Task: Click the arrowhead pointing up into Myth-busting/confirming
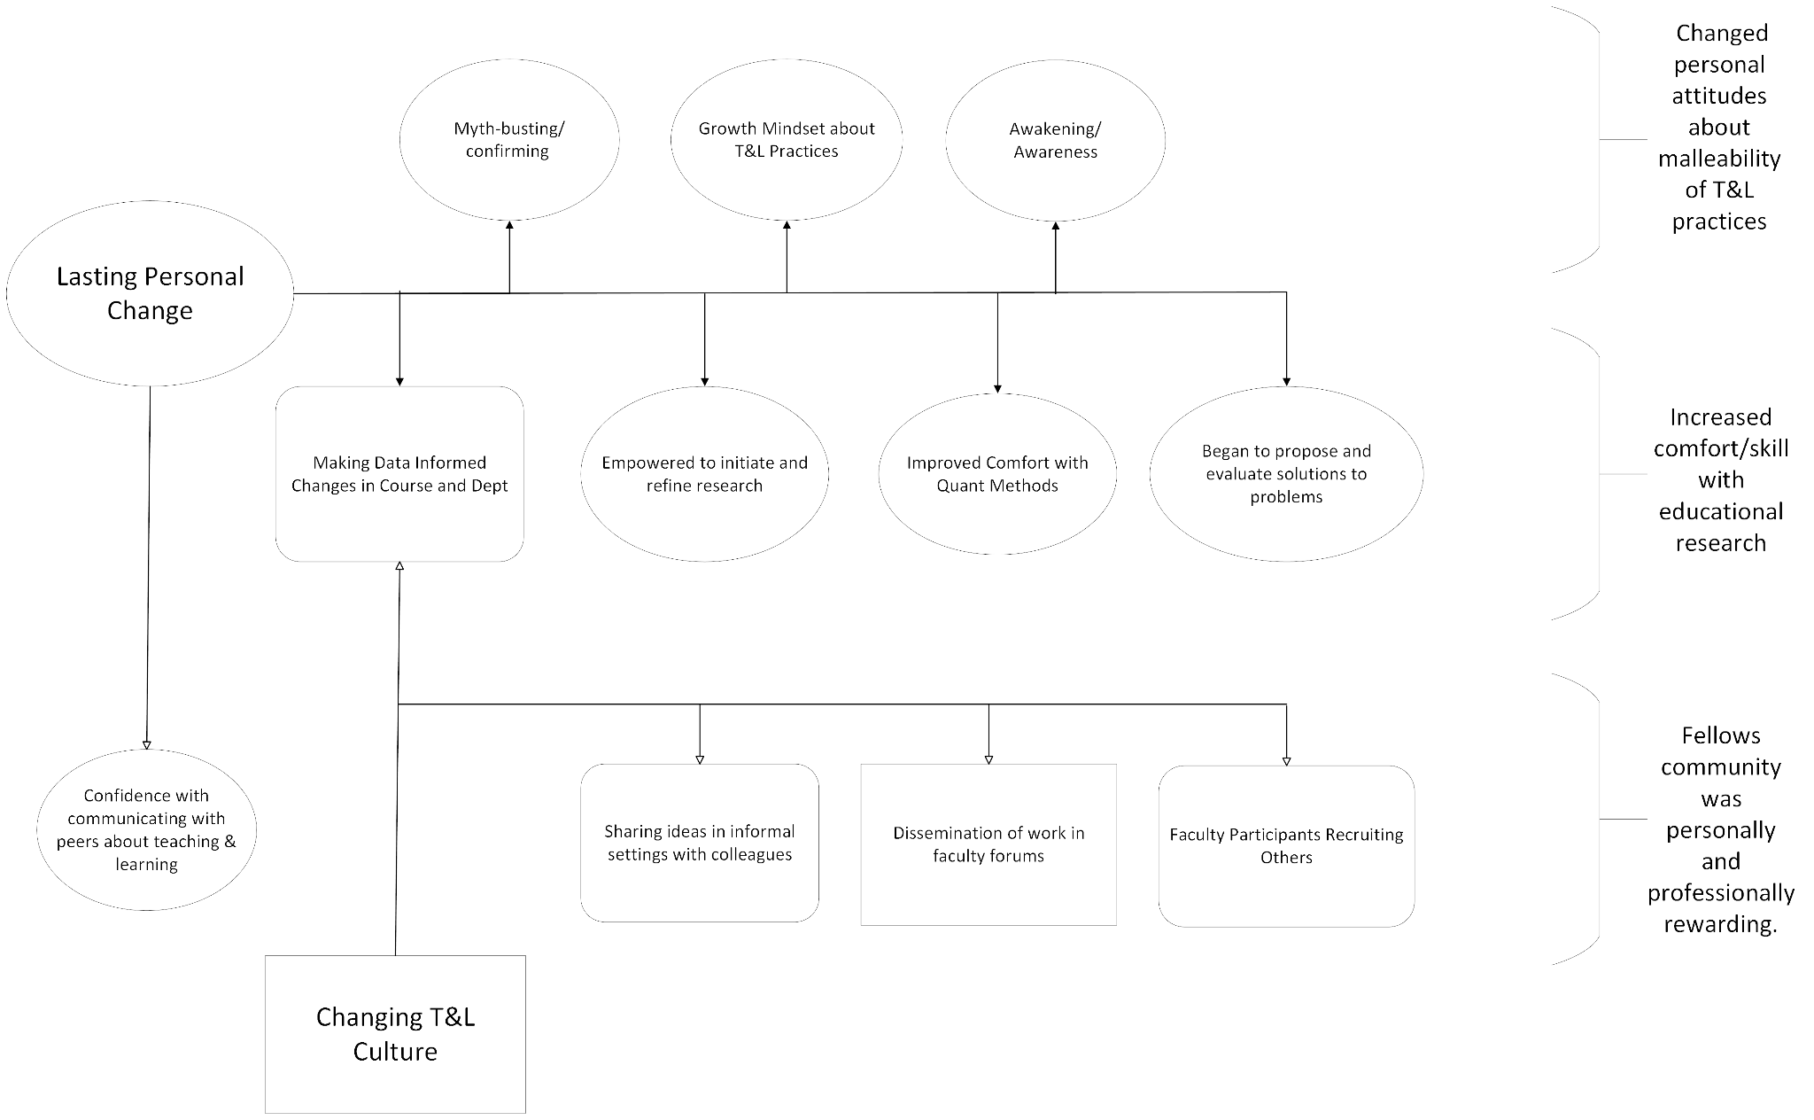pyautogui.click(x=509, y=226)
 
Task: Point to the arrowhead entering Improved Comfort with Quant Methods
pyautogui.click(x=997, y=387)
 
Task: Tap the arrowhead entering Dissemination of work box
pyautogui.click(x=988, y=759)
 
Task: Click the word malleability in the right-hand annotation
pyautogui.click(x=1719, y=159)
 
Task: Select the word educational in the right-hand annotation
pyautogui.click(x=1721, y=511)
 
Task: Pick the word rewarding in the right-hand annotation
pyautogui.click(x=1720, y=925)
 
